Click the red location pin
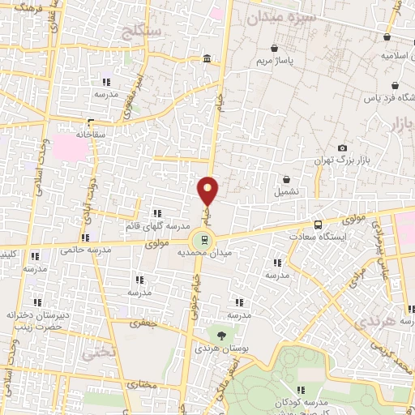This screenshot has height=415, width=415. coord(208,190)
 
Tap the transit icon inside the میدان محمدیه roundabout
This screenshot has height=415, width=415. coord(203,239)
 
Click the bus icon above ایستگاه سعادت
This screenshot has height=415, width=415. coord(318,224)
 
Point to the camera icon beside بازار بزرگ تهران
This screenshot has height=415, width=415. coord(343,148)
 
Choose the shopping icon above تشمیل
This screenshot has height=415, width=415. coord(286,179)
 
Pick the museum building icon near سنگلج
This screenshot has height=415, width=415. coord(207,60)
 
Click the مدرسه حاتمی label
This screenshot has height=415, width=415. coord(84,251)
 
